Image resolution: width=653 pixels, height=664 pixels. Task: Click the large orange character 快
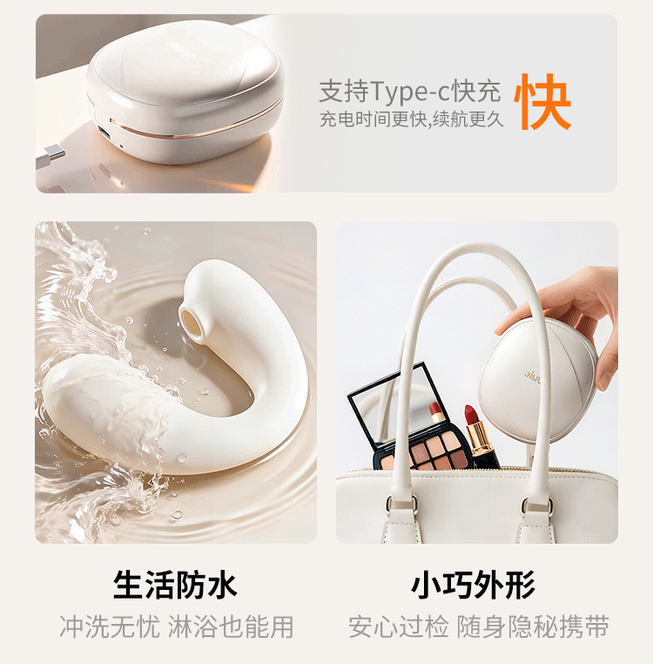pos(543,102)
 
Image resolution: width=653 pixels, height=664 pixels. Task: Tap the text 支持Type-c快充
pos(410,91)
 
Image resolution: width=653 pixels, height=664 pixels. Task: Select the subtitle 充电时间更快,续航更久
pos(411,119)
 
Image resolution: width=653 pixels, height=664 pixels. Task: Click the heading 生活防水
pos(175,585)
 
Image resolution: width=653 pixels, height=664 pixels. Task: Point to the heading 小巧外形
pos(473,585)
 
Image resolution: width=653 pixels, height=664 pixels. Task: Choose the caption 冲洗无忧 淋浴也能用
pos(177,627)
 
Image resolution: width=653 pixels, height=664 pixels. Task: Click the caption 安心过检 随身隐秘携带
pos(479,627)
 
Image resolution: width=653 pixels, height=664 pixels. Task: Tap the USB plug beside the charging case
pos(50,156)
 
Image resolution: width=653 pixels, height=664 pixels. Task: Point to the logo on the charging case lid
pos(181,50)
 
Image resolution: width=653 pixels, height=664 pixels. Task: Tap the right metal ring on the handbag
pos(538,505)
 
